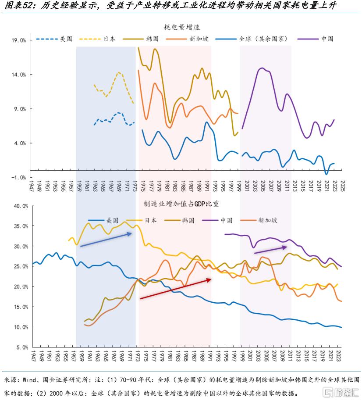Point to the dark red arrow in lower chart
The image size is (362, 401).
point(175,289)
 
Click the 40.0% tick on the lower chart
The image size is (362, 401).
point(19,206)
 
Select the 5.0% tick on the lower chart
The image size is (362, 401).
point(21,347)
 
